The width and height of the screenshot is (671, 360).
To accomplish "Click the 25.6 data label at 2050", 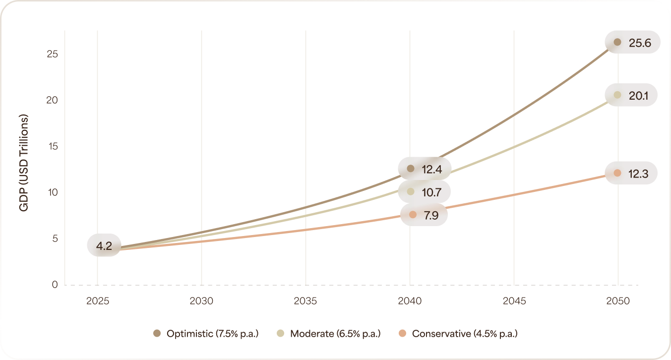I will pyautogui.click(x=639, y=43).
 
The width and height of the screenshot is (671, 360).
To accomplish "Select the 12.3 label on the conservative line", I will pyautogui.click(x=639, y=174).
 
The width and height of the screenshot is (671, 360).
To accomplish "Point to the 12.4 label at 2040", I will pyautogui.click(x=432, y=169).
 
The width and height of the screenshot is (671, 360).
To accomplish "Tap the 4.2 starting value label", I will pyautogui.click(x=104, y=245).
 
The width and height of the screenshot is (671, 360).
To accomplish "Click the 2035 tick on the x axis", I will pyautogui.click(x=305, y=301).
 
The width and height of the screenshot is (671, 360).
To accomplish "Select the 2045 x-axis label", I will pyautogui.click(x=514, y=301).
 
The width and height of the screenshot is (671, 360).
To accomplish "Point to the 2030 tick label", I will pyautogui.click(x=201, y=301).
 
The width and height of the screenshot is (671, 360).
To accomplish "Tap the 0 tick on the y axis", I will pyautogui.click(x=55, y=285).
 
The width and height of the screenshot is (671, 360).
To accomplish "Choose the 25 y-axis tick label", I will pyautogui.click(x=53, y=54).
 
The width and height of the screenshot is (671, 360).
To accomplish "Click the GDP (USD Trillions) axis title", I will pyautogui.click(x=23, y=163).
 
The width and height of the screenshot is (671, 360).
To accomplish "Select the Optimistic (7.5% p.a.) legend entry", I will pyautogui.click(x=206, y=334).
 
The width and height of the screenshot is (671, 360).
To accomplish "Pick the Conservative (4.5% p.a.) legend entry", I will pyautogui.click(x=458, y=334).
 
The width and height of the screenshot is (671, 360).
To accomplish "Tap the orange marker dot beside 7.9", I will pyautogui.click(x=413, y=215).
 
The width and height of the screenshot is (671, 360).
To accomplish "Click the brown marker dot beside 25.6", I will pyautogui.click(x=617, y=43).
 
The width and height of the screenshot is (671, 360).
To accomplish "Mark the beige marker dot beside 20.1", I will pyautogui.click(x=617, y=95).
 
